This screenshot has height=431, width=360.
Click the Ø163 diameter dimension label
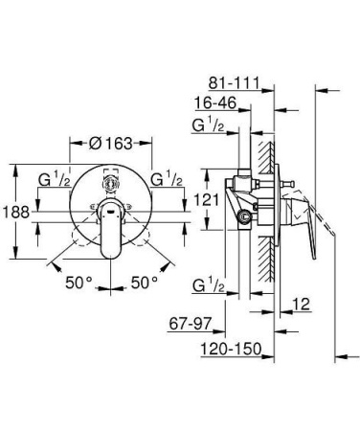[110, 144]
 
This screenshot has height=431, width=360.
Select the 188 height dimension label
[16, 212]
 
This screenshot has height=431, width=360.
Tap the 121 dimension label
[207, 200]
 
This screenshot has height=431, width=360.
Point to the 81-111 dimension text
[234, 83]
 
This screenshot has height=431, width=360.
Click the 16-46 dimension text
[215, 103]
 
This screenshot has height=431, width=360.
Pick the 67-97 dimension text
[191, 324]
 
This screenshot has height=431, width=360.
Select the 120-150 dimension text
[231, 349]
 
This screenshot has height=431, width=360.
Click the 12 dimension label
[302, 304]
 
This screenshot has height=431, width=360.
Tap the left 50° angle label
[79, 283]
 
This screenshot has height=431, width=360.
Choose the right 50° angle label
[145, 283]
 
